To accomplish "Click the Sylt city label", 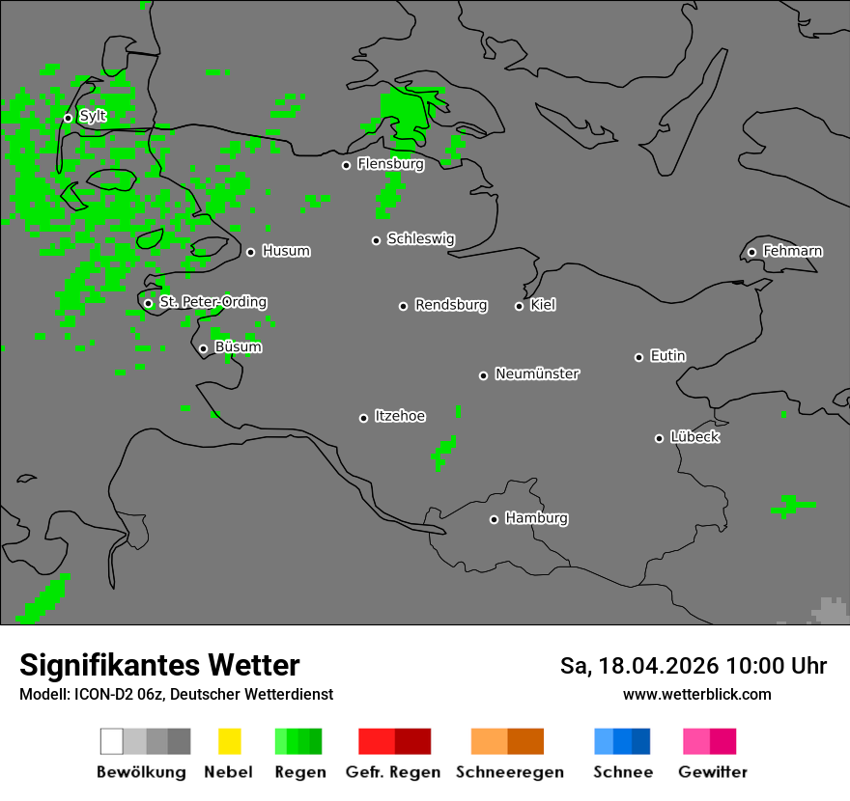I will pyautogui.click(x=93, y=117).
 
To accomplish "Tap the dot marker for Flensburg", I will pyautogui.click(x=346, y=165).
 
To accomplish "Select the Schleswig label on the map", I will pyautogui.click(x=420, y=239).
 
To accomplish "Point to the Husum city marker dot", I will pyautogui.click(x=250, y=252).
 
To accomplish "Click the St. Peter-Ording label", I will pyautogui.click(x=212, y=302).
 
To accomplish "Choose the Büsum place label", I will pyautogui.click(x=238, y=347).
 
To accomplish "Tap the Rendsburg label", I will pyautogui.click(x=451, y=306).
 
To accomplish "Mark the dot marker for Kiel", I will pyautogui.click(x=519, y=306).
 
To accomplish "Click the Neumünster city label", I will pyautogui.click(x=537, y=374).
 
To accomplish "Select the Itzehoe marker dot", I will pyautogui.click(x=363, y=418).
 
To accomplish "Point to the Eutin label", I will pyautogui.click(x=667, y=356).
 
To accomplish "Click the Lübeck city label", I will pyautogui.click(x=694, y=437).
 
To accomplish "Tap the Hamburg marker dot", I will pyautogui.click(x=494, y=519).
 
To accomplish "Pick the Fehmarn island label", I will pyautogui.click(x=792, y=252).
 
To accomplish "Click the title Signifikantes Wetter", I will pyautogui.click(x=159, y=665).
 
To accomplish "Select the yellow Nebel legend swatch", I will pyautogui.click(x=229, y=741).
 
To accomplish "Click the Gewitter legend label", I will pyautogui.click(x=713, y=772).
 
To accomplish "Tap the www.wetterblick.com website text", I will pyautogui.click(x=696, y=694).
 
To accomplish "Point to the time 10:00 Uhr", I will pyautogui.click(x=777, y=666).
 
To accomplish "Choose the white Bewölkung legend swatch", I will pyautogui.click(x=112, y=741).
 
